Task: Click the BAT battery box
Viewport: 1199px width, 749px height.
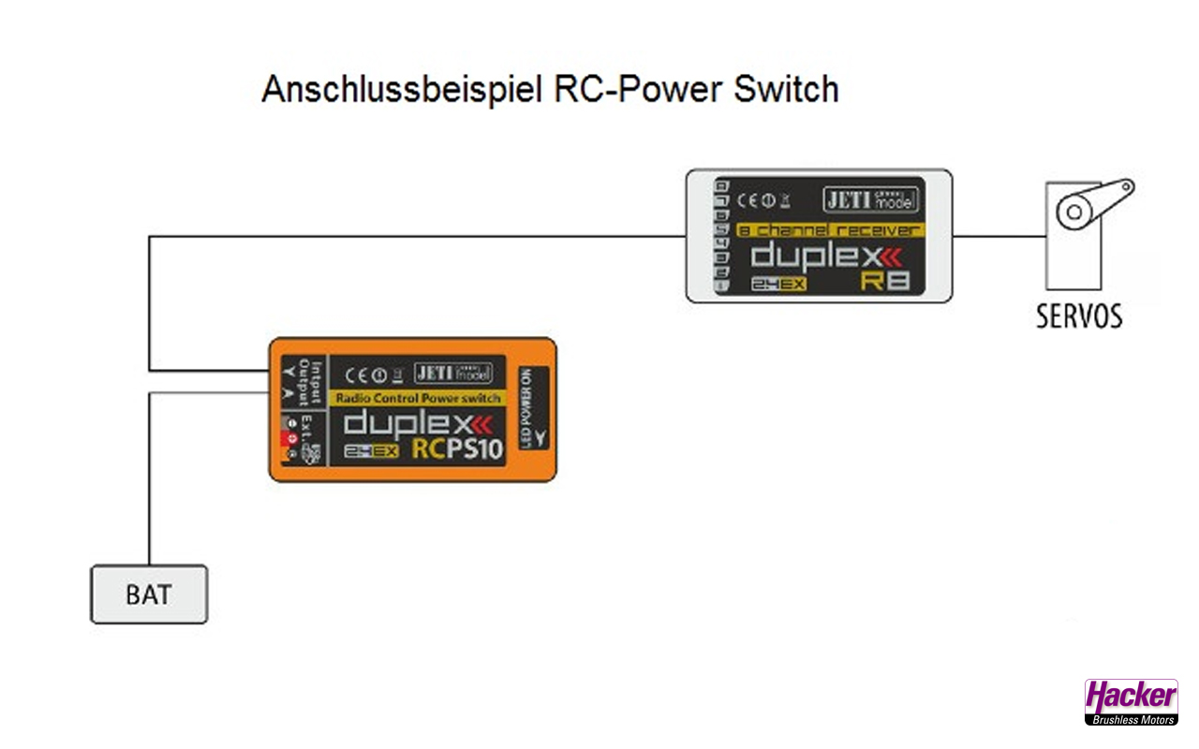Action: tap(149, 595)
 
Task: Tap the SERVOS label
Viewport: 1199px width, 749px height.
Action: tap(1078, 316)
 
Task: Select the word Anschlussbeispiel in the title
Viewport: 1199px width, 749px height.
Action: tap(402, 90)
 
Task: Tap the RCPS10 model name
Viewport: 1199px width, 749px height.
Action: tap(457, 449)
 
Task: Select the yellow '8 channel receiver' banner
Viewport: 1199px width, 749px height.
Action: tap(829, 229)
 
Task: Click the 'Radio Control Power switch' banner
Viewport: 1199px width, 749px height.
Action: tap(418, 398)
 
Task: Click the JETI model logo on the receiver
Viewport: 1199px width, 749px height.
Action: tap(871, 199)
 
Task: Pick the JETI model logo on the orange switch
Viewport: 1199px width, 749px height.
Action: tap(452, 373)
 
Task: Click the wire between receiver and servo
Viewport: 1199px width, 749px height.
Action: tap(999, 236)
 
